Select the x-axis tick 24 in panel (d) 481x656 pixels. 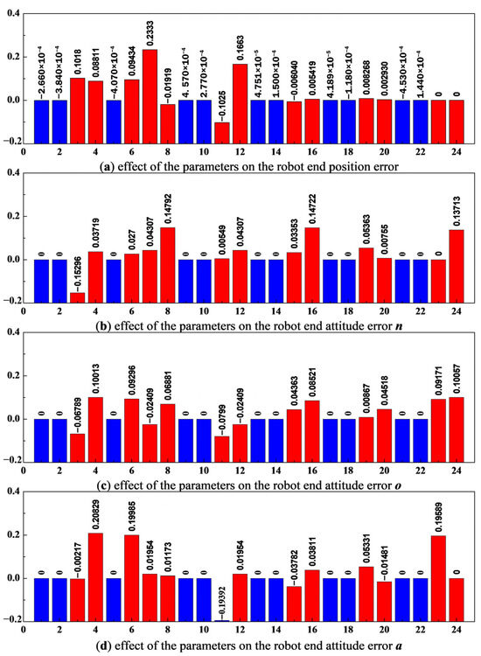click(456, 629)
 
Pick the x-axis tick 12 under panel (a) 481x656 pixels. click(240, 150)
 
